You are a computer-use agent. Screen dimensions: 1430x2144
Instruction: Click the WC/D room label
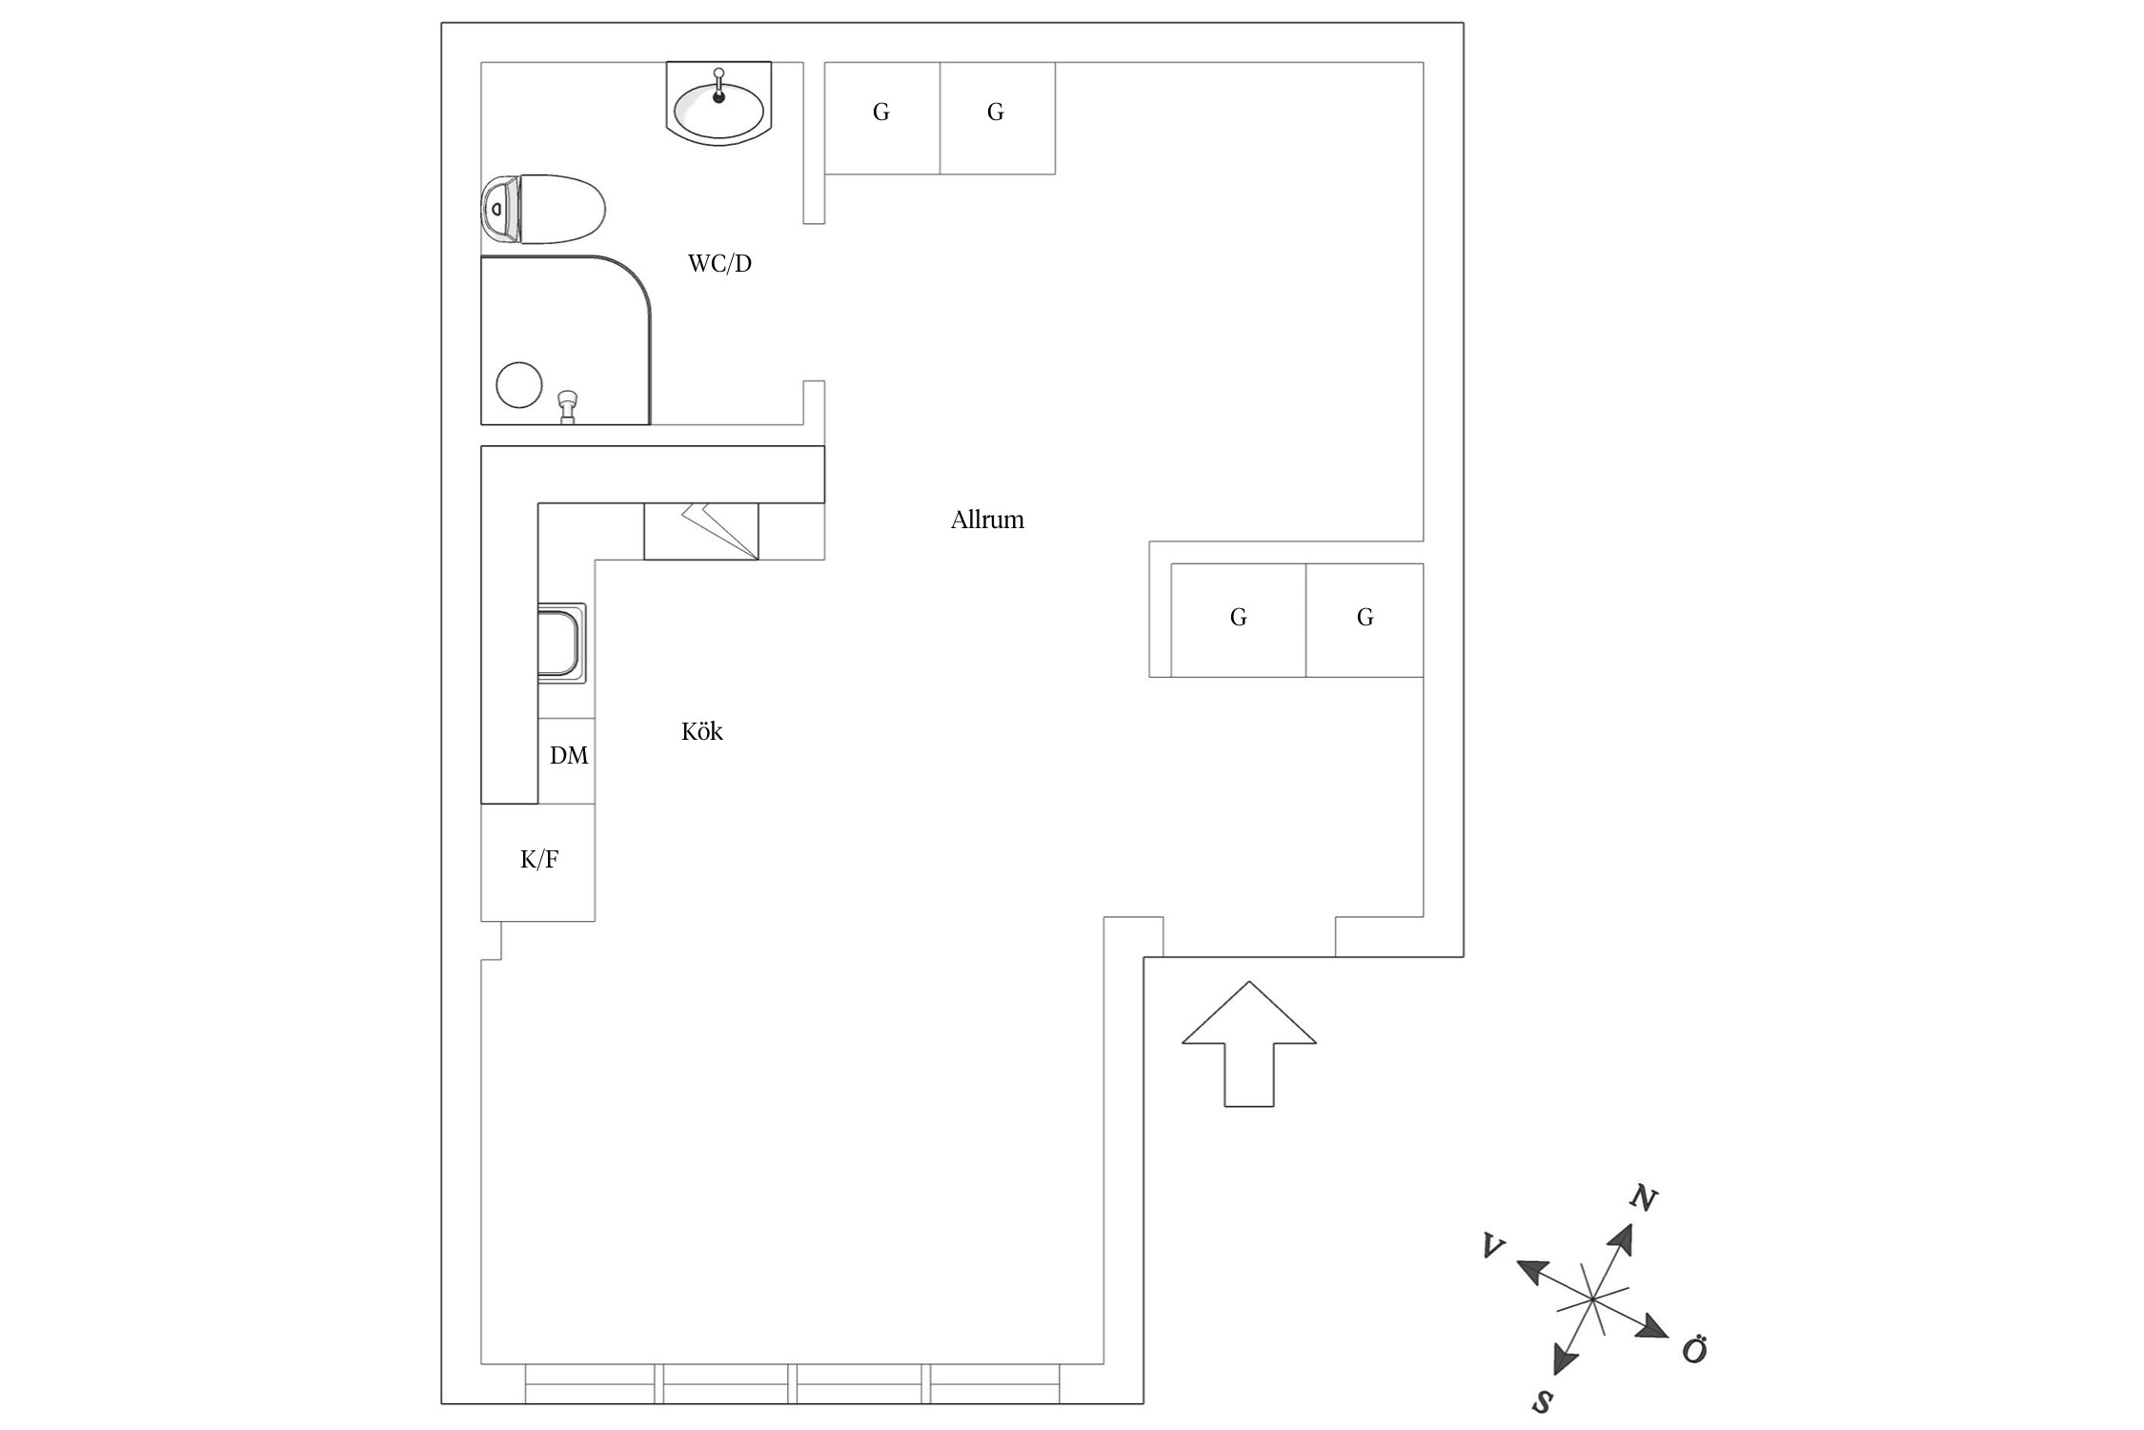click(719, 263)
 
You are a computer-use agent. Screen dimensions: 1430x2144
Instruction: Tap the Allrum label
click(987, 520)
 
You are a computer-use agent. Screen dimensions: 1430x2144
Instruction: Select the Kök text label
click(701, 731)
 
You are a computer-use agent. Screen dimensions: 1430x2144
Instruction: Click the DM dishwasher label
click(569, 756)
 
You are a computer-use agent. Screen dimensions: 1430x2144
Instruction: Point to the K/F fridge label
click(538, 860)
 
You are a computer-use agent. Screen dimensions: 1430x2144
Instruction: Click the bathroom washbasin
click(718, 110)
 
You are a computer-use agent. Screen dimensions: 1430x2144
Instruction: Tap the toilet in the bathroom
click(557, 209)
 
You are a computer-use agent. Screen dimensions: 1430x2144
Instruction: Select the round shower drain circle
click(519, 385)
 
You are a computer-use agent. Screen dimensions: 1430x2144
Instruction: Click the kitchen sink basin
click(558, 643)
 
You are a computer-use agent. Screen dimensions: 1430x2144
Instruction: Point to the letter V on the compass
click(1493, 1247)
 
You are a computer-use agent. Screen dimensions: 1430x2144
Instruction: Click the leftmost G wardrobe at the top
click(881, 113)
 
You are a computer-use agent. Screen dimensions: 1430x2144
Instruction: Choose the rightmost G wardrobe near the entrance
click(1365, 618)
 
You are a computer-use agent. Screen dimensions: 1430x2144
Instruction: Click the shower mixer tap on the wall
click(568, 405)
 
